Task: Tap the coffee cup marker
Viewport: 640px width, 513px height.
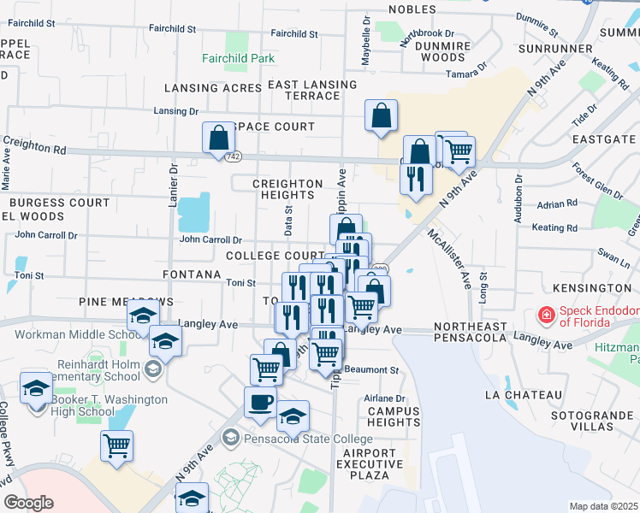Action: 260,402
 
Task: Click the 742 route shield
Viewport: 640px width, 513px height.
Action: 233,157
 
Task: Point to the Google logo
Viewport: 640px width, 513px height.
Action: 29,503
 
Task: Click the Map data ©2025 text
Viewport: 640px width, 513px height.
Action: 603,506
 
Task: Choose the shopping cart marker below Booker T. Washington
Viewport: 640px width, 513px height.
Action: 116,445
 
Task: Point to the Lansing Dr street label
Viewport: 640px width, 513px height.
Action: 175,111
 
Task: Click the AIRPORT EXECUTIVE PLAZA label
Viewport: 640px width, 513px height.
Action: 370,463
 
